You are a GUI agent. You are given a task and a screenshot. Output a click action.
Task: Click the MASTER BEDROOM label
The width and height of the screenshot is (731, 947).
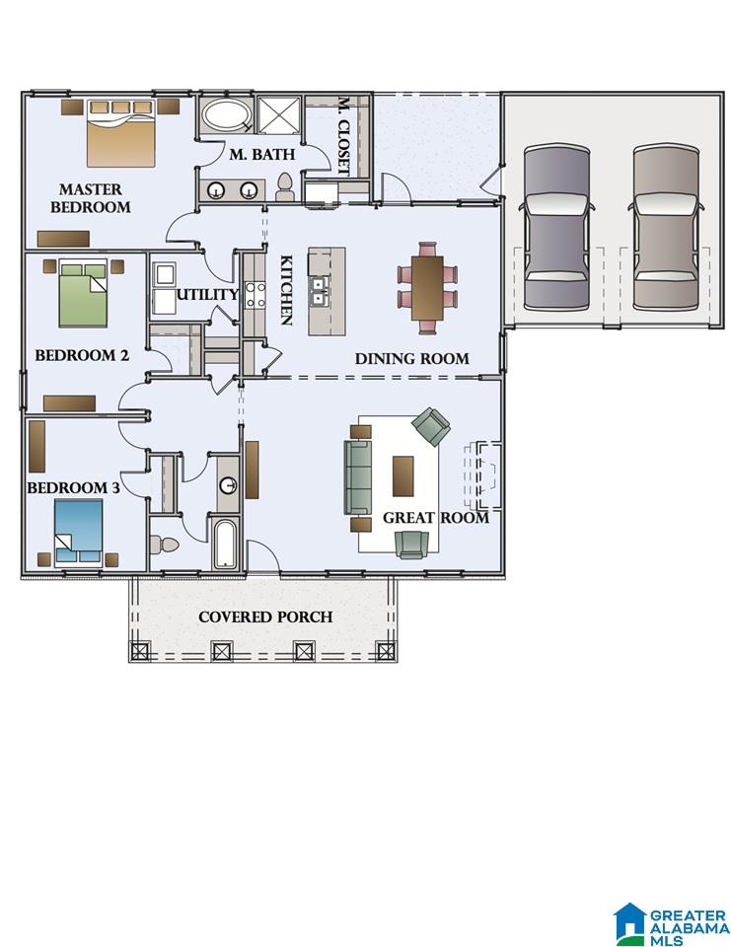coord(91,198)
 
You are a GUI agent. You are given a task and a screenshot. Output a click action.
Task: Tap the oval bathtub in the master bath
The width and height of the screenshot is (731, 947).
coord(224,114)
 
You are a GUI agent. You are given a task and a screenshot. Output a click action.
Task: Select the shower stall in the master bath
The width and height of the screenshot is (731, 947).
coord(279,113)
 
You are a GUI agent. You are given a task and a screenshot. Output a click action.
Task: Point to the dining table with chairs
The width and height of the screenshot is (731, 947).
coord(427,288)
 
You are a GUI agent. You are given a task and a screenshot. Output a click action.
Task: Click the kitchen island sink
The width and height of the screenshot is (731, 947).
coord(318,291)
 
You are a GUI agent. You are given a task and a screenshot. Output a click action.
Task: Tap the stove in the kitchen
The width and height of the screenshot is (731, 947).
coord(255,295)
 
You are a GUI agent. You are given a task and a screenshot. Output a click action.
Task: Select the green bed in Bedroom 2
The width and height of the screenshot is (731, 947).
coord(83,294)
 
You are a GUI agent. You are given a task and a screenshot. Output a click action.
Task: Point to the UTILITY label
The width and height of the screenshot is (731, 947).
coord(207,295)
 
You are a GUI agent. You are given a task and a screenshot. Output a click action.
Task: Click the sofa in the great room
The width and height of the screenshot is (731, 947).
coord(358,477)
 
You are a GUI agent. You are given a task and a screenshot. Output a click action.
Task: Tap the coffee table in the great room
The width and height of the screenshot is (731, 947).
coord(402,475)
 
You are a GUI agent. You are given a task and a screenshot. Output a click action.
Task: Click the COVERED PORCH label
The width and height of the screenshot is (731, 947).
coord(265,617)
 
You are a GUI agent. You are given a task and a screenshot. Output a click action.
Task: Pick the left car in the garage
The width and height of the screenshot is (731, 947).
coord(556,227)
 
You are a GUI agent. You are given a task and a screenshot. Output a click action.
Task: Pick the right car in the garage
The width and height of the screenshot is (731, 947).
coord(666,227)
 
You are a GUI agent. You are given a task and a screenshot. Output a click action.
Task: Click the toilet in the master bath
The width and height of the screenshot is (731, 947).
coord(284,187)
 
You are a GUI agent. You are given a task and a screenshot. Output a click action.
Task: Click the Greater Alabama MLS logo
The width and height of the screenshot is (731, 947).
coord(671,923)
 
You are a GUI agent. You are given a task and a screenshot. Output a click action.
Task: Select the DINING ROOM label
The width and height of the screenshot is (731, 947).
coord(412,359)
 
